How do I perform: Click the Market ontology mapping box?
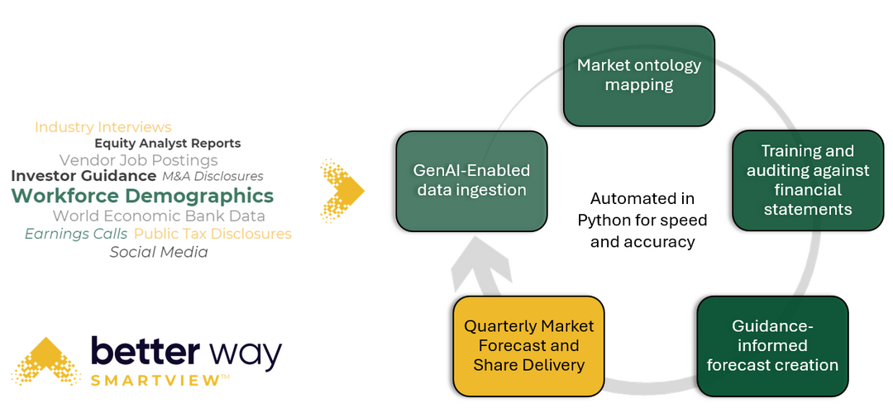coord(638,75)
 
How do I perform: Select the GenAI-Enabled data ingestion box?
coord(471,181)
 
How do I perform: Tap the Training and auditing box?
coord(808,180)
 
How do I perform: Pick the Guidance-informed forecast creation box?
coord(772,346)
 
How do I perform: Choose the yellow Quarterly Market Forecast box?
coord(528,346)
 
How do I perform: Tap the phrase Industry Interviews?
coord(103,127)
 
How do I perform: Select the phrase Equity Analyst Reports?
coord(167,144)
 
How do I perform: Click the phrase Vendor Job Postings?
coord(139,160)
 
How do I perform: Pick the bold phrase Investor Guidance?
coord(84,176)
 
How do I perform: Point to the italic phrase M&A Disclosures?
coord(213,177)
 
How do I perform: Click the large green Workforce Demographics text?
coord(142,196)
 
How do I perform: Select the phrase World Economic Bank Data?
coord(159,216)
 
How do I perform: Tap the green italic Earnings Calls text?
coord(76,234)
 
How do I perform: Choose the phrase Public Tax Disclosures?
coord(213,234)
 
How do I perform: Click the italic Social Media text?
coord(159,252)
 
